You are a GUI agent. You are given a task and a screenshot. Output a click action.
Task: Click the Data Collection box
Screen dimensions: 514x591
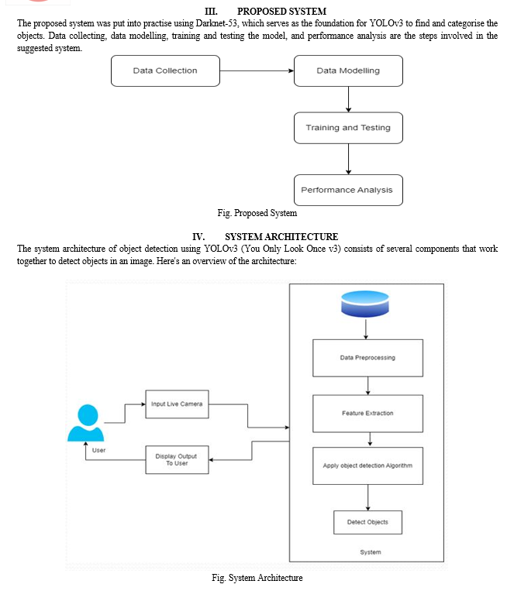point(165,70)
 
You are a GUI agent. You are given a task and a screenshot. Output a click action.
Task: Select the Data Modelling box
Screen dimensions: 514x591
point(348,70)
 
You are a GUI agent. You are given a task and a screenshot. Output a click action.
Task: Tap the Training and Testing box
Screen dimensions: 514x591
point(348,128)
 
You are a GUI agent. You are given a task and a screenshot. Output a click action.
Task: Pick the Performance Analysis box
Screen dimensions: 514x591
point(348,190)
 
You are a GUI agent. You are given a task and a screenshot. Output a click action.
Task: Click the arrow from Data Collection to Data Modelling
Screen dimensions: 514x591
point(257,70)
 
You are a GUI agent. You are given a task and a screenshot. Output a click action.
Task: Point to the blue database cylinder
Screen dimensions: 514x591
point(365,304)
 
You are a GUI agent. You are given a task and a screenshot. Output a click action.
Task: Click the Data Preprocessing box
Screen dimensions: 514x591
point(368,358)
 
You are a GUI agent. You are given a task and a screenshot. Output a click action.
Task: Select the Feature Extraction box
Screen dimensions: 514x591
point(368,414)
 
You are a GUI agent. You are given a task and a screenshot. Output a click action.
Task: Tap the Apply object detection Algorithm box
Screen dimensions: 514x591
point(368,466)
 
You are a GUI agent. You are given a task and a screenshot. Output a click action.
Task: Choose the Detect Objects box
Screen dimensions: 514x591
point(368,522)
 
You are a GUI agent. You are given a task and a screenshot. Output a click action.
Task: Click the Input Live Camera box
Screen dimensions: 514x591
point(177,404)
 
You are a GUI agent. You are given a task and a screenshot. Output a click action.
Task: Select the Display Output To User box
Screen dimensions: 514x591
point(177,460)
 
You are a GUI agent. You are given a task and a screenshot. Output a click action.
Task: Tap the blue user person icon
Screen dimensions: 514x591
point(86,422)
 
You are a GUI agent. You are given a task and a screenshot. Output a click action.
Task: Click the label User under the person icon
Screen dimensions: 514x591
point(99,450)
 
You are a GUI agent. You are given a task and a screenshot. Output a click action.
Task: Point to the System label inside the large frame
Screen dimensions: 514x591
point(371,552)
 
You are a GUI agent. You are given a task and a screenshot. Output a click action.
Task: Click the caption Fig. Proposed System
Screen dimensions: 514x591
point(257,213)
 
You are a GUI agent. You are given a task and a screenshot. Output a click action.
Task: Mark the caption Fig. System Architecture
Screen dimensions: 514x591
point(257,578)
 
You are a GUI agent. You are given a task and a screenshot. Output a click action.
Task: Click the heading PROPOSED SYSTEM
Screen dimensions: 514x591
point(281,12)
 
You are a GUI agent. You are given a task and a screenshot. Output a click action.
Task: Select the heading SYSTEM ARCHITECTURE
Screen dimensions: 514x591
point(281,237)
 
